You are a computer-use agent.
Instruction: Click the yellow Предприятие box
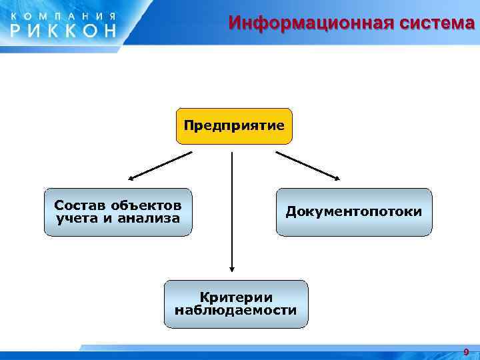point(234,126)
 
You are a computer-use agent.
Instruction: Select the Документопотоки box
point(354,212)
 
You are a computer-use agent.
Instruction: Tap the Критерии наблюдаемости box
point(236,304)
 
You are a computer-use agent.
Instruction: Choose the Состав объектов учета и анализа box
point(117,212)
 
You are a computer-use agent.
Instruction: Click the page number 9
point(466,351)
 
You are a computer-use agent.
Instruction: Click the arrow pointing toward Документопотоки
point(308,165)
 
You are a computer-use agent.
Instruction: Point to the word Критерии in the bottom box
point(236,297)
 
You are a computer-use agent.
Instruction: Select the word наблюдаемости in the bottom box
point(236,311)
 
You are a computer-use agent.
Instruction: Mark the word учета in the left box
point(76,219)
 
